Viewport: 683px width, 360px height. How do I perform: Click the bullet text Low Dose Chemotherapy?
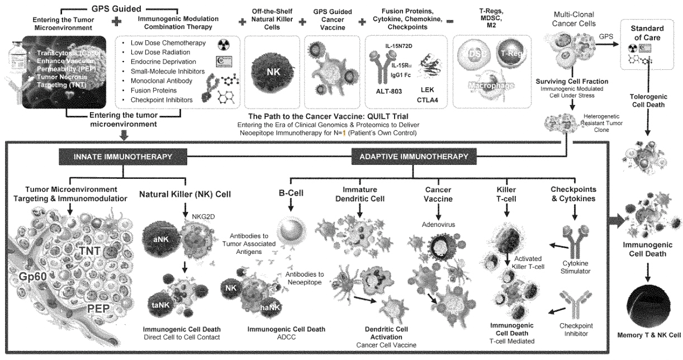coord(167,43)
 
